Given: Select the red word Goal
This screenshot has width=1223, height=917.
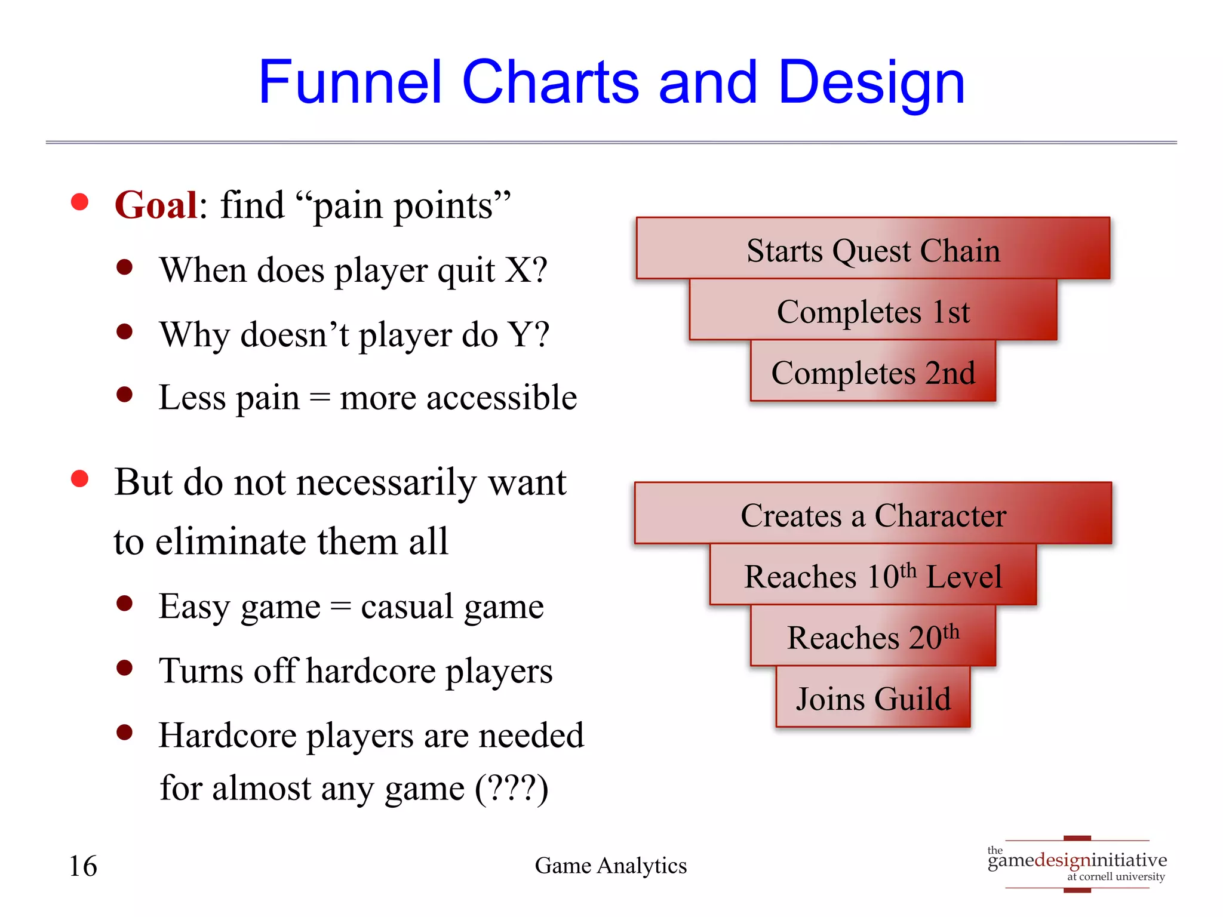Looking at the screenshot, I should coord(156,205).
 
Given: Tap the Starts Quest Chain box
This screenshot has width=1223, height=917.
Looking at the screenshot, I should coord(872,250).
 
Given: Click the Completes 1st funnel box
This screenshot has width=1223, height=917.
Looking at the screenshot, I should coord(872,311).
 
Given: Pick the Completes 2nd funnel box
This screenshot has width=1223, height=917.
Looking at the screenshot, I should coord(872,373).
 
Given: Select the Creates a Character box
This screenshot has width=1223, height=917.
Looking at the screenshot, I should coord(872,515).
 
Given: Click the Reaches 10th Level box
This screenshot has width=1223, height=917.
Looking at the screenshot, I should coord(872,576).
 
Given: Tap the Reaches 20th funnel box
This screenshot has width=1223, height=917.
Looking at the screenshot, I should coord(872,637).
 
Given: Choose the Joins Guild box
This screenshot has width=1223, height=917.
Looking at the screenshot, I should coord(872,698).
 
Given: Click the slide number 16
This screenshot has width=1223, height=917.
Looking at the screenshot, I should coord(83,866).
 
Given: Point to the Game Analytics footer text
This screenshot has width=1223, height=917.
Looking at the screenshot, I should coord(610,866).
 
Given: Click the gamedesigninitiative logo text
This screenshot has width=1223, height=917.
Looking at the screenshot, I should coord(1077,860).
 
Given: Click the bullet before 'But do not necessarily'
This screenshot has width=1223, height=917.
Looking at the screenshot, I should coord(79,479).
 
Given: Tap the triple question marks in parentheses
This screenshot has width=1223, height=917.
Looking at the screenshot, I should coord(511,788).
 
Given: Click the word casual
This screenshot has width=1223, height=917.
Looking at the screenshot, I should coord(407,607).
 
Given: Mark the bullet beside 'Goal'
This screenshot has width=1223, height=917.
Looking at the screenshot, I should coord(79,202).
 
